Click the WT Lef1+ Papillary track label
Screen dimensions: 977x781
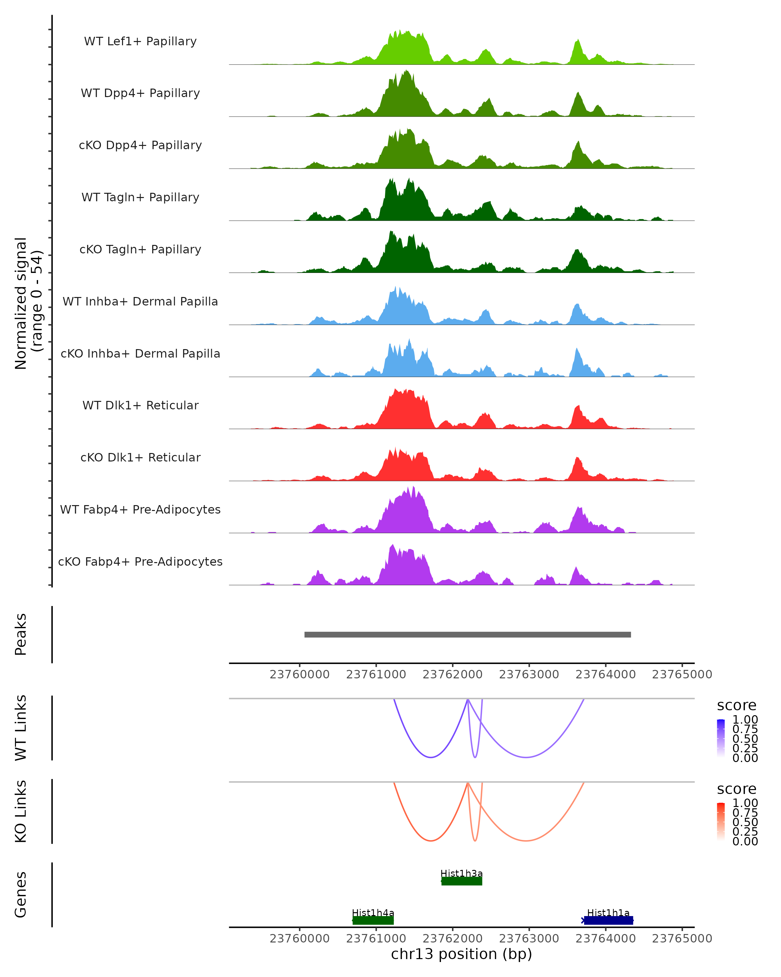pyautogui.click(x=140, y=41)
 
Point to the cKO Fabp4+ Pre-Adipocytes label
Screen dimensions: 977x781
pyautogui.click(x=140, y=561)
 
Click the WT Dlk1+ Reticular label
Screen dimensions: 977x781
pyautogui.click(x=140, y=405)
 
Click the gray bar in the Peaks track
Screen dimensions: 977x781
pyautogui.click(x=467, y=634)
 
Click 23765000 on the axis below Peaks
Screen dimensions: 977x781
pyautogui.click(x=682, y=674)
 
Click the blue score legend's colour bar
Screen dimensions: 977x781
pyautogui.click(x=721, y=738)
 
